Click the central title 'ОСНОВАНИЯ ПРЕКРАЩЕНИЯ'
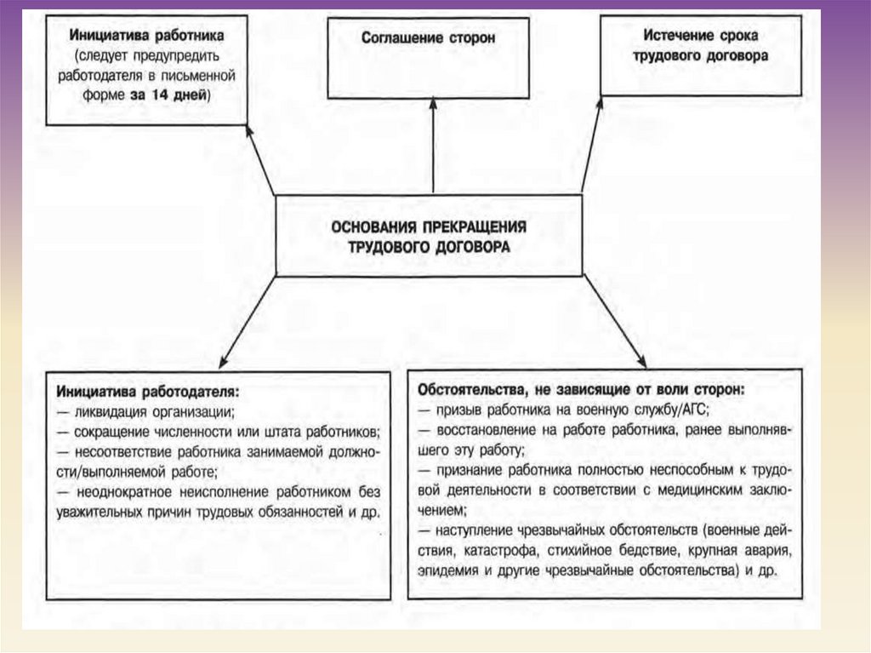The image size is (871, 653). coord(429,226)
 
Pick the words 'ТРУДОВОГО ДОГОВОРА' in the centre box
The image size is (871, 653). coord(429,246)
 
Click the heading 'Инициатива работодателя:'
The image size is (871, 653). coord(148,392)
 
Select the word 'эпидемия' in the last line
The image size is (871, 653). coord(447,569)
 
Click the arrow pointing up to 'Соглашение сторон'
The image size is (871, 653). coord(433,145)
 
